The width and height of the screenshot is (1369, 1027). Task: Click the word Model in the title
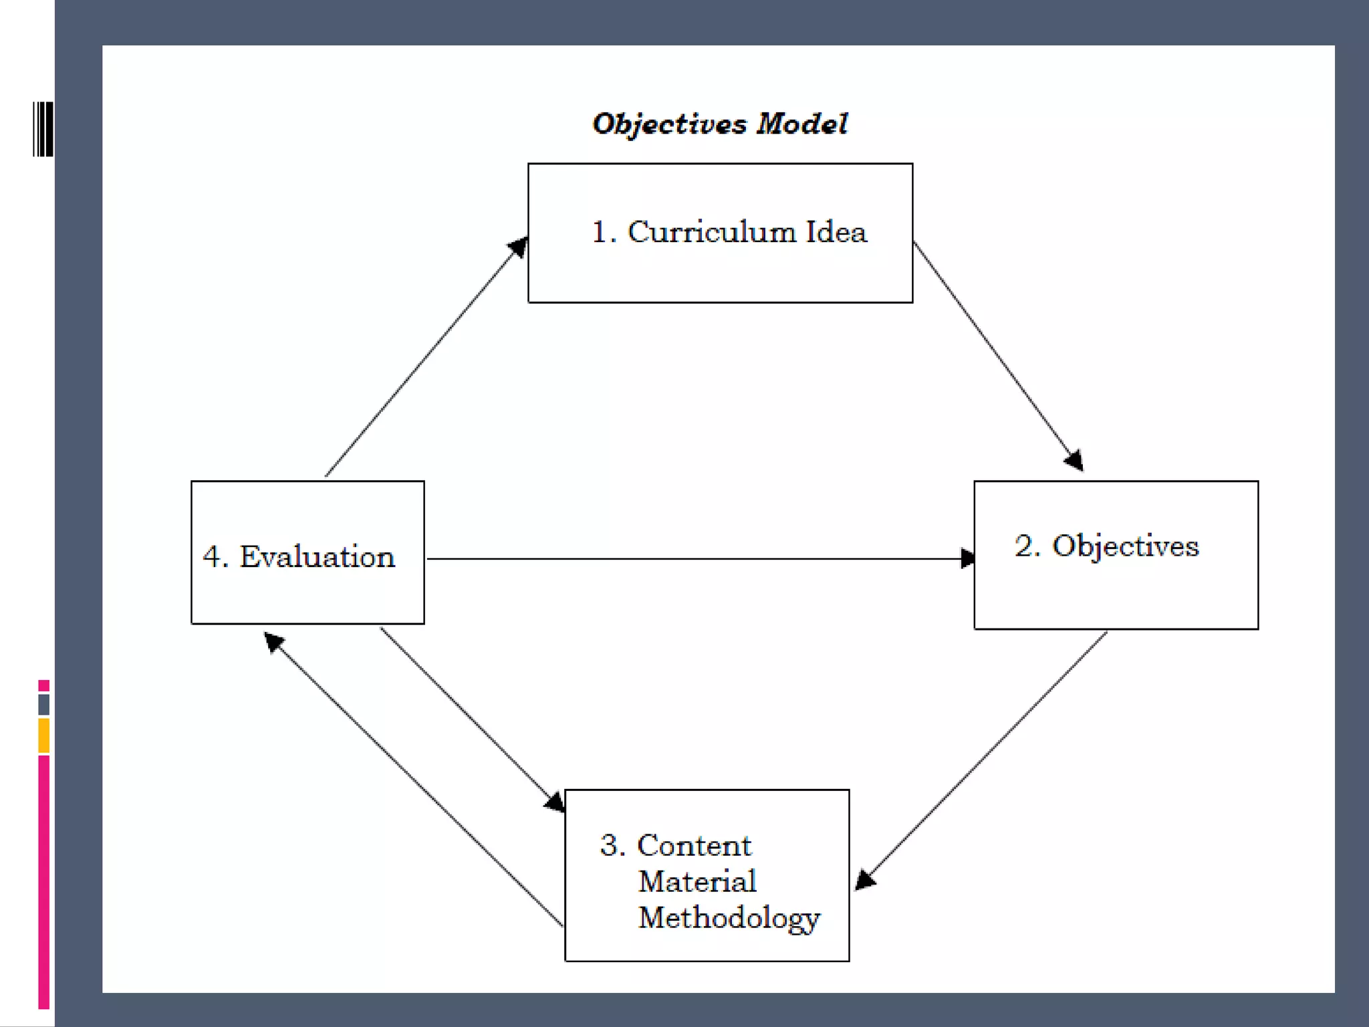pos(802,124)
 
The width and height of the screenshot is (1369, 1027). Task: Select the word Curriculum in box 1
pos(712,232)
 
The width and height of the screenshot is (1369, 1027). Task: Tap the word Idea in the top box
pos(836,232)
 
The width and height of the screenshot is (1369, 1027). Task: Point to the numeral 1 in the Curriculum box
pos(600,233)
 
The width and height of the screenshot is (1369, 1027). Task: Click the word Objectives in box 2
pos(1126,546)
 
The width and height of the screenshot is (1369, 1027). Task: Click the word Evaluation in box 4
pos(317,557)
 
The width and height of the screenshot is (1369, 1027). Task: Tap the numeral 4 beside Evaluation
pos(212,557)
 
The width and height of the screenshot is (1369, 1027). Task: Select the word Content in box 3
pos(694,846)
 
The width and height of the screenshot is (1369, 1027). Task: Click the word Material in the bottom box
pos(697,881)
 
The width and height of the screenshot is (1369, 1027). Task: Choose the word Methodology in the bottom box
pos(729,918)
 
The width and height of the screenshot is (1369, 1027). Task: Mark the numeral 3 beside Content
pos(609,846)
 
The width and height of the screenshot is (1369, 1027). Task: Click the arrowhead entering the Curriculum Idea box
pos(518,247)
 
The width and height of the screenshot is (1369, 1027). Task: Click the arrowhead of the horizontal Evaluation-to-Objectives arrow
pos(967,558)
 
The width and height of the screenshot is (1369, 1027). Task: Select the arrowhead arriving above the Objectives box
pos(1074,461)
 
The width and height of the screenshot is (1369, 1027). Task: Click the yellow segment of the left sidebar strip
pos(44,735)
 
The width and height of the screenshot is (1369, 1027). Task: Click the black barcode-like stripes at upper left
pos(43,129)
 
